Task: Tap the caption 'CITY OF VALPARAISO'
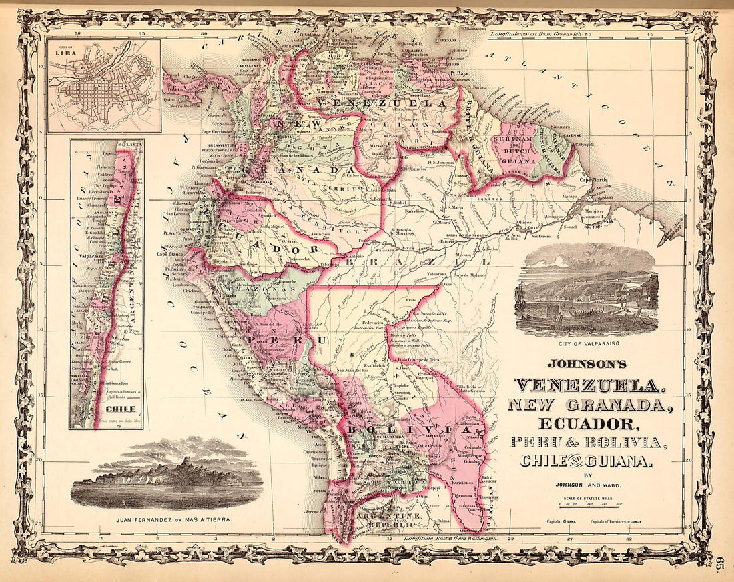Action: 587,344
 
